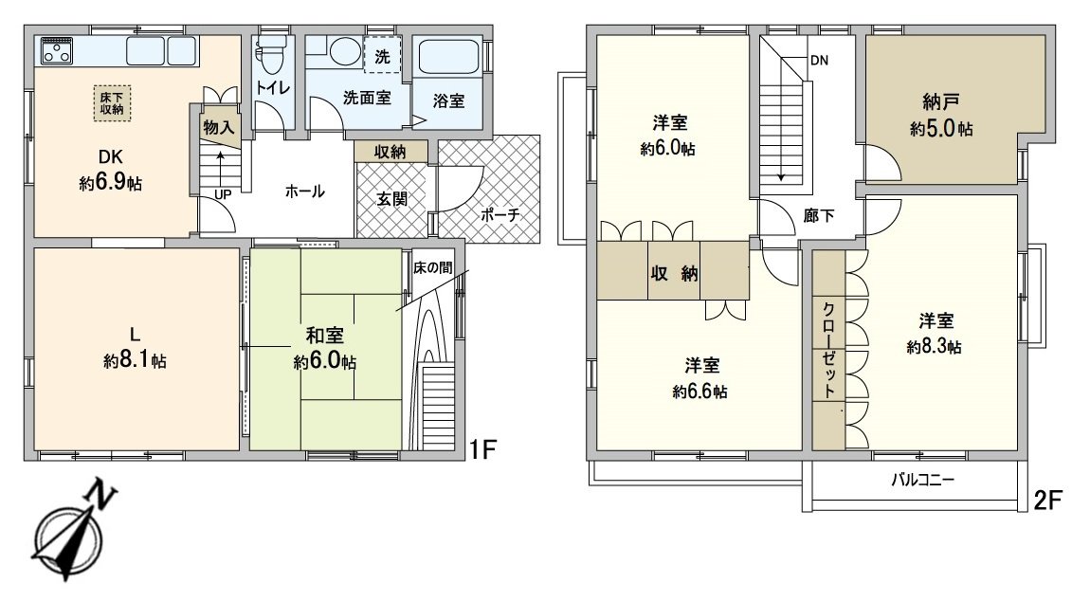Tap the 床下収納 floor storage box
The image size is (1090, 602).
coord(113,102)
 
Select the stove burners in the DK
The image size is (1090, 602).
coord(58,49)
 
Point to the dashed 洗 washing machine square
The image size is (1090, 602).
coord(382,55)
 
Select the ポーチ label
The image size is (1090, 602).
coord(500,215)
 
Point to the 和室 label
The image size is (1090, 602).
coord(324,336)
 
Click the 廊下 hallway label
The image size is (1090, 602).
coord(819,215)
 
